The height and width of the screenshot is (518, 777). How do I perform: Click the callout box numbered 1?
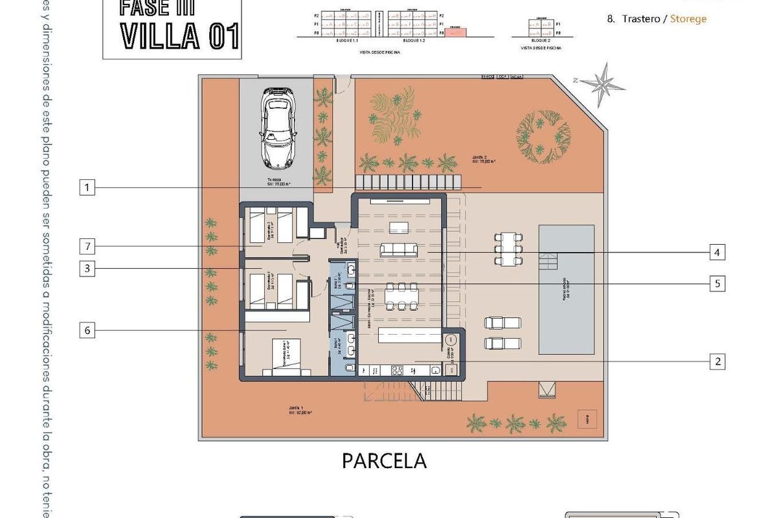point(88,188)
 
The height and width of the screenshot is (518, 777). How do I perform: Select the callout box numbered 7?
point(88,246)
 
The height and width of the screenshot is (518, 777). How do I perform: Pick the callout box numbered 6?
point(88,330)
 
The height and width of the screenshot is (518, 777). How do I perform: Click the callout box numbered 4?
point(716,252)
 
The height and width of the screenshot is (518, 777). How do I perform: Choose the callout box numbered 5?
point(716,284)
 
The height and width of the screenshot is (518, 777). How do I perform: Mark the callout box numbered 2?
point(716,361)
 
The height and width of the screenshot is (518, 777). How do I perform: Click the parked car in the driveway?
point(278,128)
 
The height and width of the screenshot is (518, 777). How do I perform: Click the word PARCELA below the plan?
point(384,461)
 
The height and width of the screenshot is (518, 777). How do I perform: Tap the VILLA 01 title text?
point(181,36)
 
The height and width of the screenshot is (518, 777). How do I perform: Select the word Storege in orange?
point(688,19)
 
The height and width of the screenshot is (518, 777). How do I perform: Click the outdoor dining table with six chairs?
point(508,249)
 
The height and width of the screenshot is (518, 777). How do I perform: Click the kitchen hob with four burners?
point(396,370)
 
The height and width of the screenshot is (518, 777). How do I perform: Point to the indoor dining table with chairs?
point(398,297)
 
